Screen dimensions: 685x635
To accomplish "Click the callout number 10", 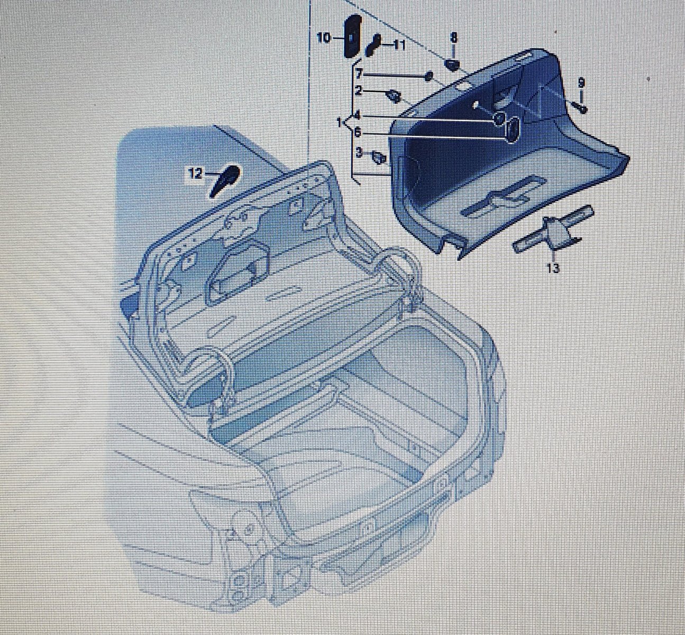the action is point(324,38).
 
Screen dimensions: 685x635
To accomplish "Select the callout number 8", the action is point(453,38).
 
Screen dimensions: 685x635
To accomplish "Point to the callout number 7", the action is point(359,74).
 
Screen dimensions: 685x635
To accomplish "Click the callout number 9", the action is point(581,83).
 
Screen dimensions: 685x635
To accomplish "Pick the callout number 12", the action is point(196,174).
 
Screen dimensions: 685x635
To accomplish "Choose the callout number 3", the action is point(359,152).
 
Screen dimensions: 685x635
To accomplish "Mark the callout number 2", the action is point(359,91).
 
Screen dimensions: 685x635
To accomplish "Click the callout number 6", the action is point(358,132).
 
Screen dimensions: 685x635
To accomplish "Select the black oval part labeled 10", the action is point(352,36).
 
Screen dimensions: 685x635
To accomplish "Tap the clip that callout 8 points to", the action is point(451,65).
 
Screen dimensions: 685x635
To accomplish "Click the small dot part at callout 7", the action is point(429,76).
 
